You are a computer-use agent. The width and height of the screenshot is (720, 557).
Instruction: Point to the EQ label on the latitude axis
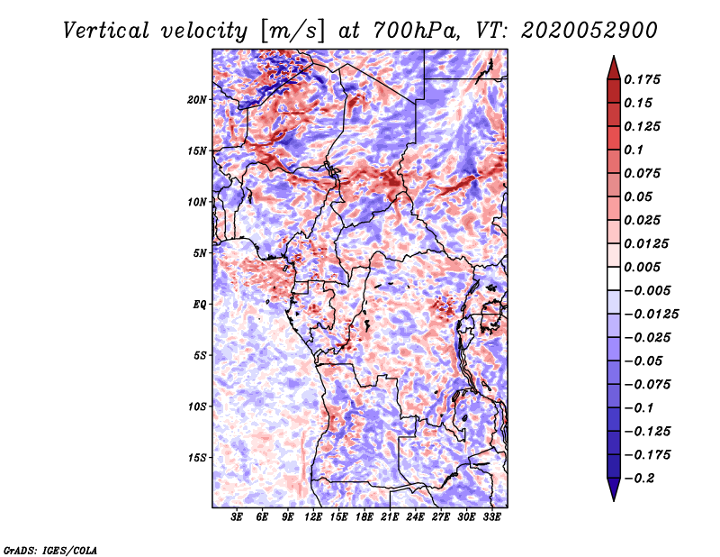point(201,305)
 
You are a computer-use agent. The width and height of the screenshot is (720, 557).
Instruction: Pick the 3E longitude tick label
point(238,518)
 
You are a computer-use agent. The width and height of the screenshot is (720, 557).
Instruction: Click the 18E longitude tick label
point(364,518)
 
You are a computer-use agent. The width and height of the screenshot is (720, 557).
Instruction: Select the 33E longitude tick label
point(491,518)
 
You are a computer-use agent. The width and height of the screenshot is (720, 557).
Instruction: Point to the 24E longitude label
point(416,518)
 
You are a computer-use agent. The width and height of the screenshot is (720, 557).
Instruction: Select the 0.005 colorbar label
point(644,267)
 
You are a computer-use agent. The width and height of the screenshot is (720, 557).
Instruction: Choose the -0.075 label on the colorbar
point(648,384)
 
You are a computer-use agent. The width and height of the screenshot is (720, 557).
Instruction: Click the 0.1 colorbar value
point(635,150)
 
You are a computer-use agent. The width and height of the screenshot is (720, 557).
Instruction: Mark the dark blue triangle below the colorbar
point(612,490)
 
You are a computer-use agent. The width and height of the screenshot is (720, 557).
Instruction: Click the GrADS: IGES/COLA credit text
point(49,549)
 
